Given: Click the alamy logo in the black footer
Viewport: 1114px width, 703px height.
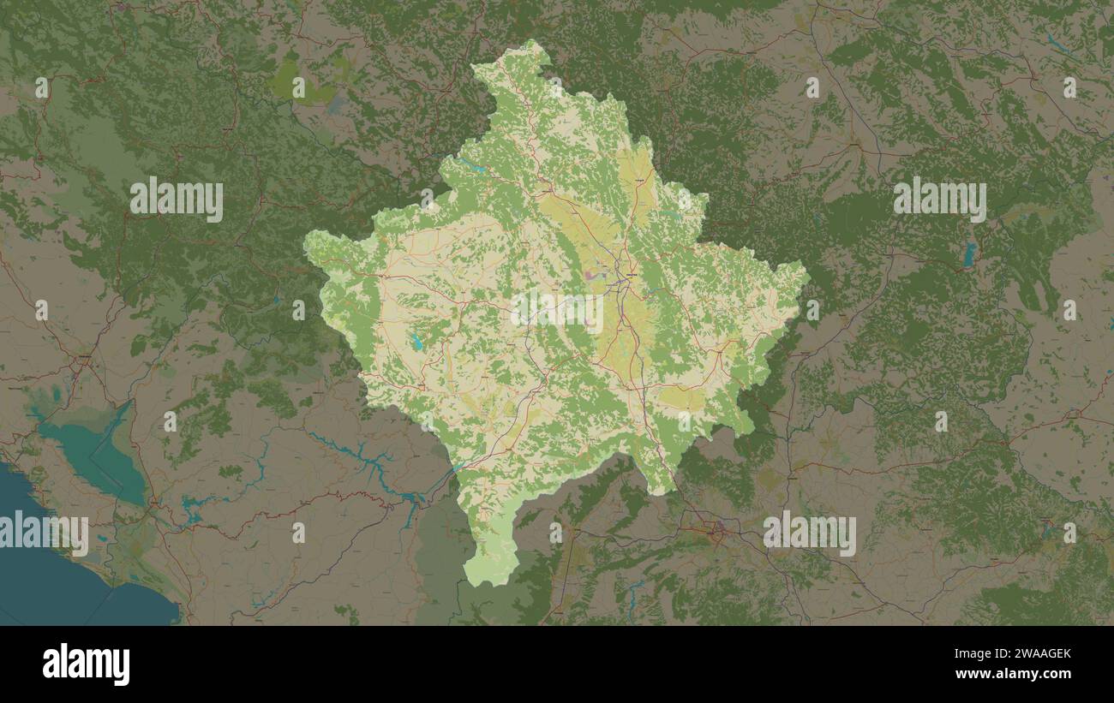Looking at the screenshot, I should (x=87, y=664).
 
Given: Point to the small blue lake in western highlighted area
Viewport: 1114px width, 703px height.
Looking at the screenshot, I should (x=416, y=343).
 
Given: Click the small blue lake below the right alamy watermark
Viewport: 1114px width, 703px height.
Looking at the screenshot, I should (x=969, y=253).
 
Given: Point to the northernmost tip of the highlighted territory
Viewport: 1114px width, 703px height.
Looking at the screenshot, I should (x=533, y=41).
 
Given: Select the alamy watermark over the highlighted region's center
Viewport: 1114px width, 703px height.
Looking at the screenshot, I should (x=557, y=313).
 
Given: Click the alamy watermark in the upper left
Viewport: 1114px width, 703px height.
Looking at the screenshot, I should (x=177, y=200).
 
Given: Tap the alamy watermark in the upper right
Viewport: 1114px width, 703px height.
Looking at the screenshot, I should (x=939, y=200).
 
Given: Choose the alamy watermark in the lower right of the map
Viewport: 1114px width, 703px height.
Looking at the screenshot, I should (x=809, y=533).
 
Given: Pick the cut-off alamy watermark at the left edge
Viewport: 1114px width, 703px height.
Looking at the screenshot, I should (x=43, y=533).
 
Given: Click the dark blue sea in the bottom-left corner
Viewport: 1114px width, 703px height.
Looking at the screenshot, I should (x=43, y=582).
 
